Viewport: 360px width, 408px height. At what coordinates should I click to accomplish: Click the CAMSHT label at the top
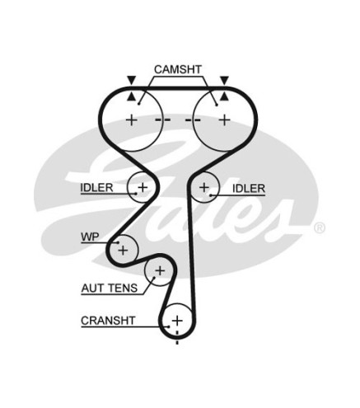tap(178, 69)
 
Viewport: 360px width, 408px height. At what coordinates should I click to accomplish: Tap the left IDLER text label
tap(96, 188)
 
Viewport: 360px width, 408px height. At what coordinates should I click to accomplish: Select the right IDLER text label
tap(249, 189)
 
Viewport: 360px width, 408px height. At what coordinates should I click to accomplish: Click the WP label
tap(90, 237)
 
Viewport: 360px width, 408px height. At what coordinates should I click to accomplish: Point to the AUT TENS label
tap(110, 288)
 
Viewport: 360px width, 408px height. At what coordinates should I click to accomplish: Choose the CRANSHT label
tap(108, 321)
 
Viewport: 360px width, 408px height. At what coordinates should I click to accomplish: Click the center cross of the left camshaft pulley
tap(132, 120)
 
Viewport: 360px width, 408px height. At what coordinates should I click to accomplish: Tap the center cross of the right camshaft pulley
tap(225, 120)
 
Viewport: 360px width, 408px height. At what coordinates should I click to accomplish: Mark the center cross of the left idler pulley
tap(143, 187)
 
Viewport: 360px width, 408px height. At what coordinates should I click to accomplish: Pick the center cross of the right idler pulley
tap(204, 187)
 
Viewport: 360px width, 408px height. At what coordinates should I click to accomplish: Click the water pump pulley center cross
tap(123, 251)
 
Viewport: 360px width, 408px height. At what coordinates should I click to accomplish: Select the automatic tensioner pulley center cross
tap(160, 271)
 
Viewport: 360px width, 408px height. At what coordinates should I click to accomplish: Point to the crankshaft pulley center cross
tap(177, 321)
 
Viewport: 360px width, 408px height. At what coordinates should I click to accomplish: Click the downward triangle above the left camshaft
tap(132, 80)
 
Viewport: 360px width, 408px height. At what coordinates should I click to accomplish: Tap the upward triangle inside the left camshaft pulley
tap(132, 96)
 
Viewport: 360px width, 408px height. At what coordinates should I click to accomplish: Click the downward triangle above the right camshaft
tap(225, 80)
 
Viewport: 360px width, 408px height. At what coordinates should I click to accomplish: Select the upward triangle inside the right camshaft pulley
tap(225, 96)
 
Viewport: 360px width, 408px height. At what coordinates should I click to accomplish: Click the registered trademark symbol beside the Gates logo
tap(320, 227)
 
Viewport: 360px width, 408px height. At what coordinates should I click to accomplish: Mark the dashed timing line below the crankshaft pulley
tap(177, 337)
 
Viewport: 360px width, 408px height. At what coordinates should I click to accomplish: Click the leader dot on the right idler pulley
tap(210, 195)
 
